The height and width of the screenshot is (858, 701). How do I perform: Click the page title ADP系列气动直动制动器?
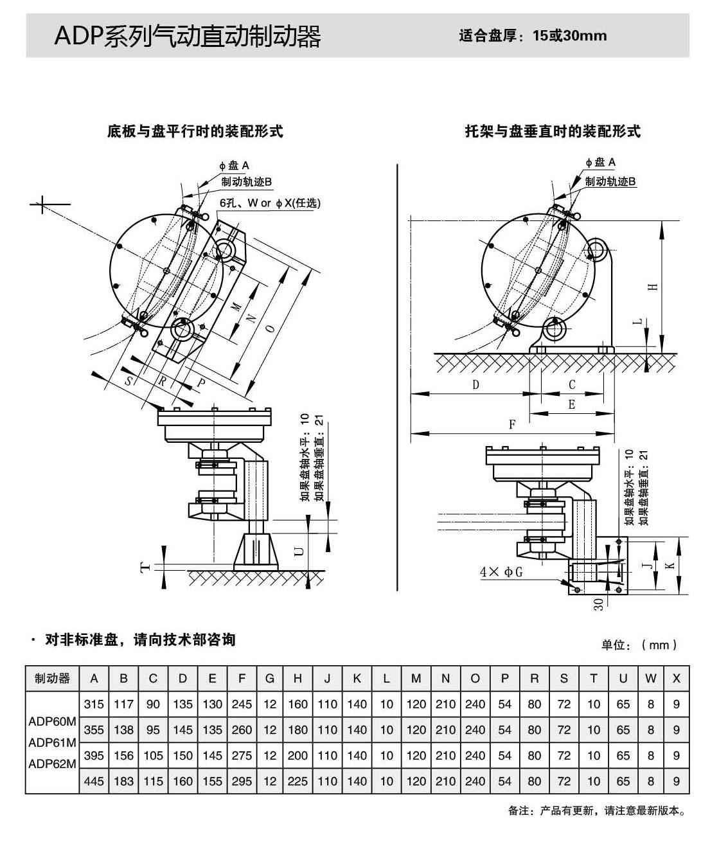point(188,37)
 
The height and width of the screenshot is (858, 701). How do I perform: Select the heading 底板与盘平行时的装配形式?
point(195,132)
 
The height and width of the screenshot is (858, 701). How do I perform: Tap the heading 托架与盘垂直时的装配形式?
point(553,132)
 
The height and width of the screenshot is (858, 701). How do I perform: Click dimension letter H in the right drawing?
point(653,287)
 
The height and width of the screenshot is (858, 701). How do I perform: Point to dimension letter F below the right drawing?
point(512,424)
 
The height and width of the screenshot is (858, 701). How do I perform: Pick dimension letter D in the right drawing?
point(475,384)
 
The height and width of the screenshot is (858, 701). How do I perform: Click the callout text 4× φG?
point(501,571)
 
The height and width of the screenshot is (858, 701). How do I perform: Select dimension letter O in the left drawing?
point(271,328)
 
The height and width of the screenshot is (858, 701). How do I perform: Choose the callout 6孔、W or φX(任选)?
point(270,203)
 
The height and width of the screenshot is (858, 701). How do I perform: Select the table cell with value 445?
point(94,781)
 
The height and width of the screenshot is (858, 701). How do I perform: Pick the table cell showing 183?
point(123,781)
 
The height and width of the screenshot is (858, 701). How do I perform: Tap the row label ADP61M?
point(52,743)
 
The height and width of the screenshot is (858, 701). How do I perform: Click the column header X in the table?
point(676,679)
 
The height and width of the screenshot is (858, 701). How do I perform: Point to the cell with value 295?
point(242,781)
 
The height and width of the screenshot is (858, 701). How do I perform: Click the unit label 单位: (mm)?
point(639,645)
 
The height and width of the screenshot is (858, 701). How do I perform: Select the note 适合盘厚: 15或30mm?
point(533,36)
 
